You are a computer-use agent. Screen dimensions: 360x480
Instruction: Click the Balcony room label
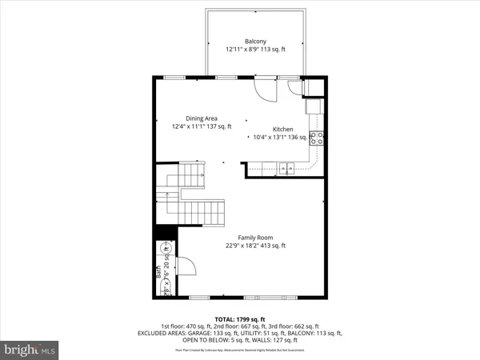click(x=256, y=41)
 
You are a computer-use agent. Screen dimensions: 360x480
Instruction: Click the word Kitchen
click(x=284, y=129)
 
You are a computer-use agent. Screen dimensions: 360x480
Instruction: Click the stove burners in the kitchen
click(x=318, y=137)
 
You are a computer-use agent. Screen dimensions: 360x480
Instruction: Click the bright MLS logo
click(x=30, y=350)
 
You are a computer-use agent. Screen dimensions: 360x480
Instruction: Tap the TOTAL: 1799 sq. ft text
click(x=240, y=318)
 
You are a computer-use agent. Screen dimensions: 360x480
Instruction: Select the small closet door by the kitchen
click(x=294, y=86)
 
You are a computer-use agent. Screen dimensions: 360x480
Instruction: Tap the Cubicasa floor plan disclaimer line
click(x=240, y=350)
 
